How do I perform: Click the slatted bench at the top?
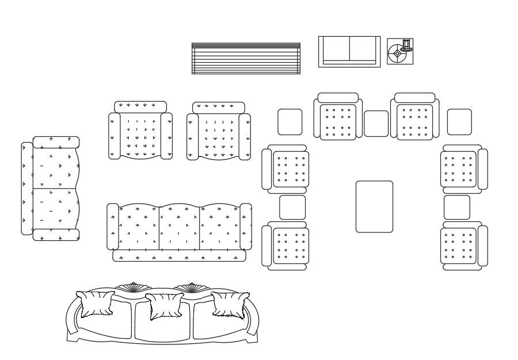tap(246, 59)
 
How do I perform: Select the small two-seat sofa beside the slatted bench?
tap(349, 52)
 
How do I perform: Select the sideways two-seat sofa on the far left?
tap(51, 188)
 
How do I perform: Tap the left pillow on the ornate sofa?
tap(96, 304)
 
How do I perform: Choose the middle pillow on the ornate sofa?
tap(164, 305)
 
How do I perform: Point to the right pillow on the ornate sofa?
tap(230, 304)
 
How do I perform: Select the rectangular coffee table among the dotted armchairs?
tap(374, 206)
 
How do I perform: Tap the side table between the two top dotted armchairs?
tap(376, 124)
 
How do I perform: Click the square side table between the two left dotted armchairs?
tap(292, 208)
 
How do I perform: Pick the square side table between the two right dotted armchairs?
tap(456, 208)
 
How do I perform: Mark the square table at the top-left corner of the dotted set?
tap(290, 122)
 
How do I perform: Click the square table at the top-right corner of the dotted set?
tap(459, 122)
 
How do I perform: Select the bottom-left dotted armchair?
tap(286, 246)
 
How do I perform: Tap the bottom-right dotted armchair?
tap(463, 246)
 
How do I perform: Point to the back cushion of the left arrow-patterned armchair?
tap(140, 106)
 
